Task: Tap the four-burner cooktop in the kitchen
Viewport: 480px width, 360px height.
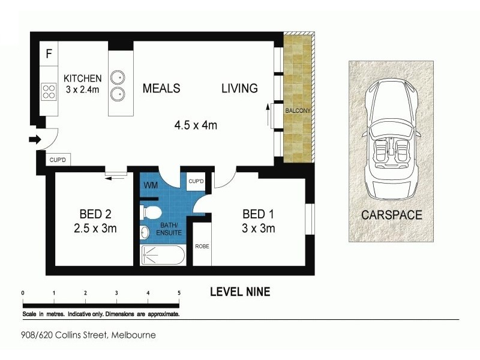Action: coord(49,92)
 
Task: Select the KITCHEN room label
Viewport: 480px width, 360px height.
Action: coord(83,79)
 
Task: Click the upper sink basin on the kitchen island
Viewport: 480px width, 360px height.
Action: coord(119,77)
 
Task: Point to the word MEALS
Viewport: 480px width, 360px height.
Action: coord(161,88)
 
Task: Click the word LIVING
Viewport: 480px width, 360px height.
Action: coord(239,88)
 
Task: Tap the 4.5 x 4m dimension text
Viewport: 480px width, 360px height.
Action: coord(195,125)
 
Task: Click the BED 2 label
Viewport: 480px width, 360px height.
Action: coord(95,214)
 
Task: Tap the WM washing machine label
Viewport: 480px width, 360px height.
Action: coord(151,185)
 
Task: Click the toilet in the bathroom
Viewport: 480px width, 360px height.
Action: coord(151,212)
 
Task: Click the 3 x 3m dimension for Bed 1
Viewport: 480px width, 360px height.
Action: coord(259,228)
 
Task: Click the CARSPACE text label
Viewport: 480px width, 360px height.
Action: coord(391,215)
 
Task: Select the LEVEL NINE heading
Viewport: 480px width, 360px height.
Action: coord(239,292)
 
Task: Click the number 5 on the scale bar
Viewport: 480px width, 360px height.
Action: coord(179,293)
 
